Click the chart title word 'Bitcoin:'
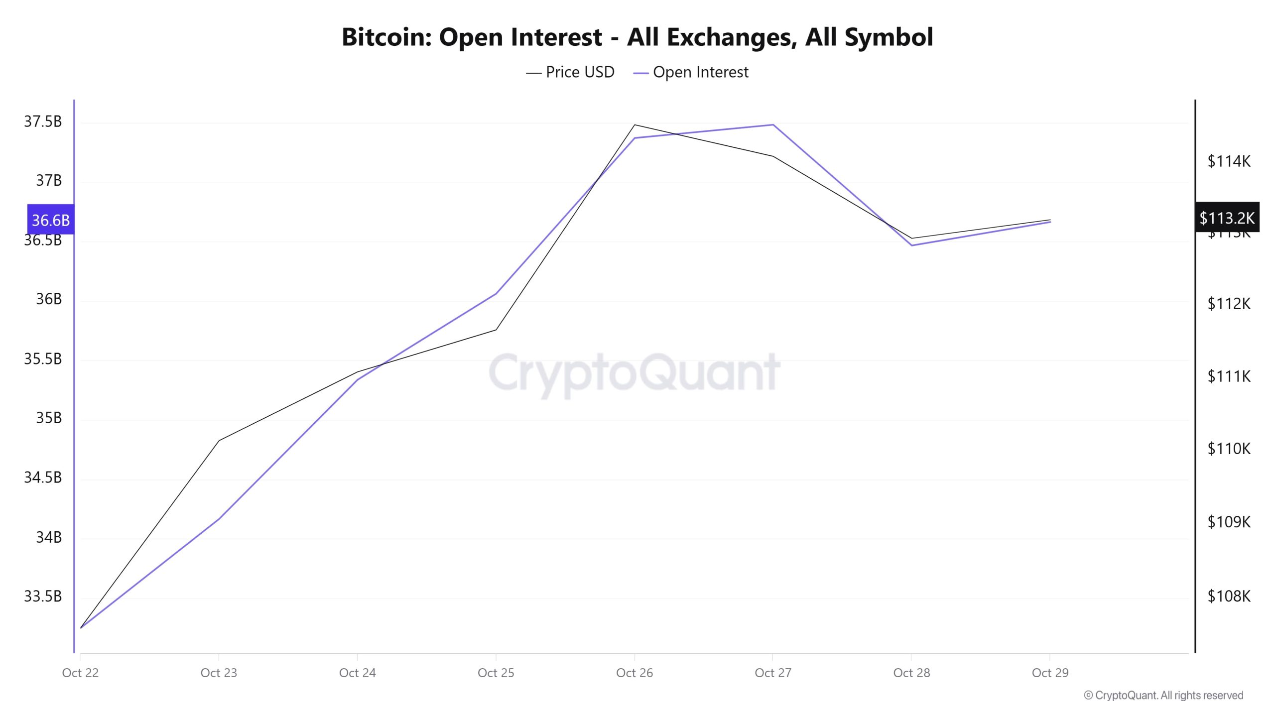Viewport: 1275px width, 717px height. click(386, 37)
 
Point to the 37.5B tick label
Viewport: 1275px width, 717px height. click(43, 121)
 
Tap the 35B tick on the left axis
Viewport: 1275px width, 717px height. click(49, 418)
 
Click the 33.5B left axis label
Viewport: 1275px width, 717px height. click(43, 596)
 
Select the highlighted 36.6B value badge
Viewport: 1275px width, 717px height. click(51, 220)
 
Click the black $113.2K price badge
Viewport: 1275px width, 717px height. click(1227, 218)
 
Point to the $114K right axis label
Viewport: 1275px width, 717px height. click(1229, 161)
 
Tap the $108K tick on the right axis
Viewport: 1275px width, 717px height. click(1229, 596)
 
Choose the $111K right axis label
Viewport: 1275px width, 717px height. click(1229, 376)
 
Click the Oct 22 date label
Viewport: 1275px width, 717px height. click(80, 673)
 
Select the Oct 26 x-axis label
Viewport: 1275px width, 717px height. click(634, 673)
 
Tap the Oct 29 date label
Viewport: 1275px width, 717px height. click(1050, 673)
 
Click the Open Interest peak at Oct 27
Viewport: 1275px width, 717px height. click(773, 124)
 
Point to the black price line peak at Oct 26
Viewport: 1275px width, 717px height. click(635, 124)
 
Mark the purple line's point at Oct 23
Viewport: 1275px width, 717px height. click(219, 519)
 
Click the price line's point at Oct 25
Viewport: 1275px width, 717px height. click(496, 330)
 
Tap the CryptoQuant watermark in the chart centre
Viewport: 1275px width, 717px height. click(634, 373)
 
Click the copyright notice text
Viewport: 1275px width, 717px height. click(1163, 696)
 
